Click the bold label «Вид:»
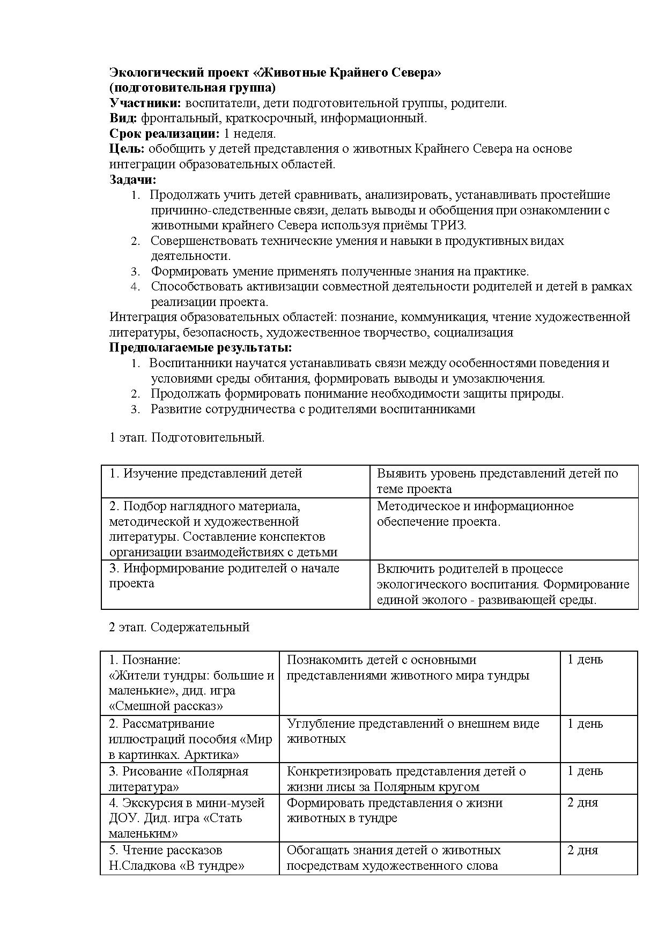(x=123, y=118)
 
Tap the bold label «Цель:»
(x=127, y=148)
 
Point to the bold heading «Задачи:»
(x=133, y=180)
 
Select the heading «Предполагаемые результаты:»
(x=201, y=347)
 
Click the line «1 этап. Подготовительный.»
(x=187, y=437)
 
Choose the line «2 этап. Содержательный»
(x=179, y=626)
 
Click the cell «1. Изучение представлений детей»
(x=206, y=474)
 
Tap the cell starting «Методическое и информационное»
(x=475, y=513)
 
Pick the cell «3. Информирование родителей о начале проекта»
(x=224, y=576)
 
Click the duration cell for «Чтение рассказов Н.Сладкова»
(x=582, y=850)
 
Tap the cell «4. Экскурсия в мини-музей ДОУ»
(x=186, y=818)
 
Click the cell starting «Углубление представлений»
(x=413, y=731)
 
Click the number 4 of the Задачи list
(x=136, y=287)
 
